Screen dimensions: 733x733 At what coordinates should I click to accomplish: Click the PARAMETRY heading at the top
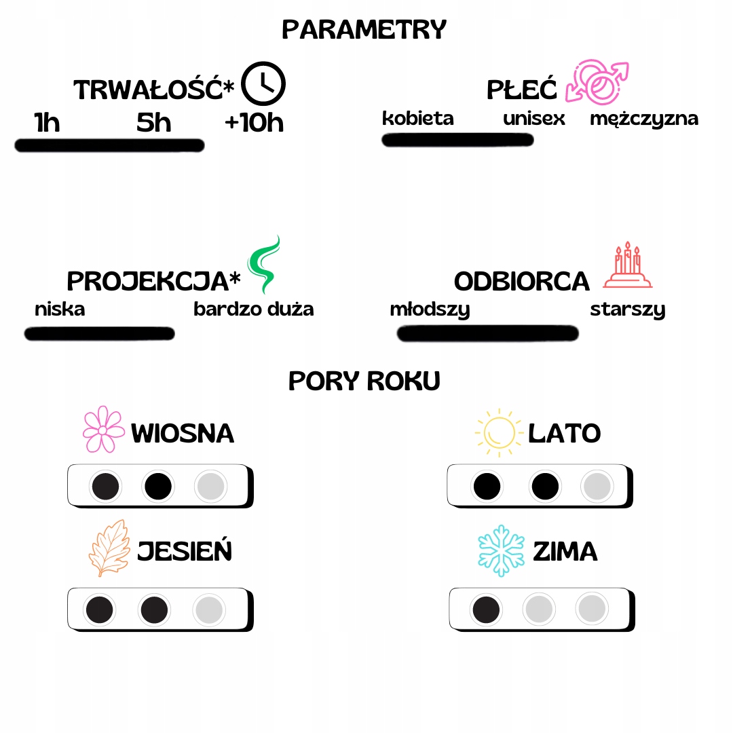364,30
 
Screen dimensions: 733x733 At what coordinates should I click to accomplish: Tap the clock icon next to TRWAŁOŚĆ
264,83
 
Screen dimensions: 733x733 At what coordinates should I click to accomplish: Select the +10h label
254,123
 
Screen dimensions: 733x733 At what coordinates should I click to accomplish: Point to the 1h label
47,123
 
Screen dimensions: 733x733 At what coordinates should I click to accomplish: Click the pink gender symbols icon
597,82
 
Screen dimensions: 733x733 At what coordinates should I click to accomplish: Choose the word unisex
534,119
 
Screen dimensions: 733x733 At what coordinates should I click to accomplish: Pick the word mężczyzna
644,119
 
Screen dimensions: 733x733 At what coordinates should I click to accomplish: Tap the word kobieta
418,118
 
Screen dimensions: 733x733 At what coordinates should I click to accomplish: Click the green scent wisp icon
263,265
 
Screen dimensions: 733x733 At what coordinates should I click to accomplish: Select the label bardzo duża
254,309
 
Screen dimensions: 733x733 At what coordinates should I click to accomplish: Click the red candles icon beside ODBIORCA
628,265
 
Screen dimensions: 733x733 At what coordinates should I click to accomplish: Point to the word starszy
628,310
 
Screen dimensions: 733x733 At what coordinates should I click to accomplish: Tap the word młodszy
430,310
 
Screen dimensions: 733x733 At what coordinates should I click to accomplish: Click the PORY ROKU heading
364,381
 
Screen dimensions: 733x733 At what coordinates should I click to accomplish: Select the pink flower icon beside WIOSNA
103,430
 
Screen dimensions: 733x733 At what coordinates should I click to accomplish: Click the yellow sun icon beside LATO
497,432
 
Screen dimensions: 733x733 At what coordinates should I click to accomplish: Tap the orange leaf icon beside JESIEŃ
109,548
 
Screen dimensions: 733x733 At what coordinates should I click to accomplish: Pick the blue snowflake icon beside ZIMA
502,550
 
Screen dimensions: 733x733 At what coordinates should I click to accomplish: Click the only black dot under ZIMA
487,609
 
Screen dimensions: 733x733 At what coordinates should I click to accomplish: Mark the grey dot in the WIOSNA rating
210,486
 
